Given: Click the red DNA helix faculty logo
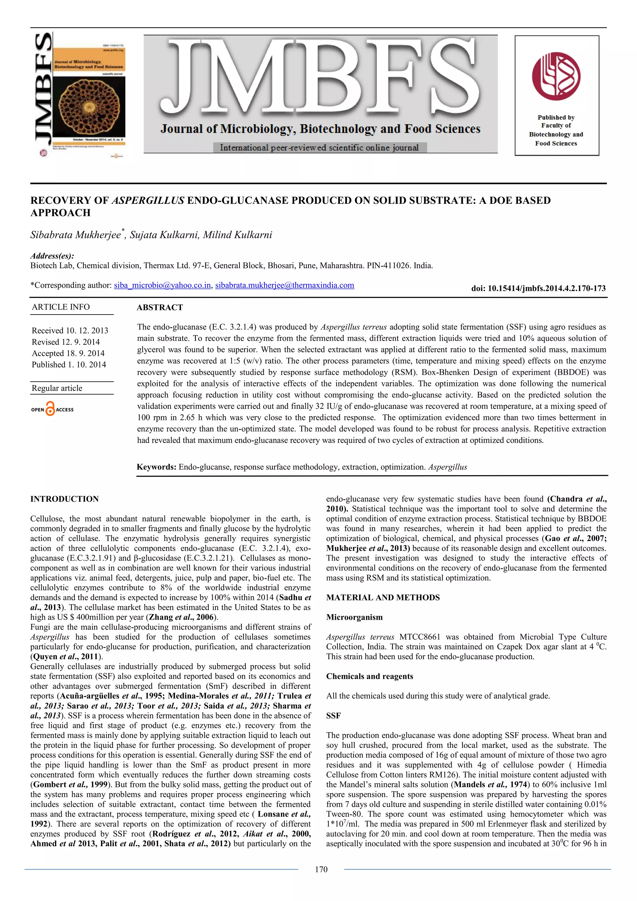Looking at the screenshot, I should (x=556, y=76).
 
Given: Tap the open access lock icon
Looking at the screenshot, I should (x=50, y=409).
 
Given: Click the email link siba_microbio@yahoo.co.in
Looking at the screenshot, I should (x=162, y=285).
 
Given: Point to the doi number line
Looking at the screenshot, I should (x=538, y=288).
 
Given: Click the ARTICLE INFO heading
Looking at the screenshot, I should (x=61, y=307).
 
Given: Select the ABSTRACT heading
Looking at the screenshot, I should (x=160, y=307).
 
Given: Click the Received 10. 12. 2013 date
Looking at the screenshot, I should (x=70, y=330).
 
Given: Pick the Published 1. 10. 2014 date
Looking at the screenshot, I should (x=69, y=365).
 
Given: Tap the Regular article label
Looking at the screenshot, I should (x=57, y=388).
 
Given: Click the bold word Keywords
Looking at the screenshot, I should (x=156, y=467).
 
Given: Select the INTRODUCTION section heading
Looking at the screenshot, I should (x=64, y=499).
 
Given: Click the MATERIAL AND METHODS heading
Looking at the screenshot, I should (x=383, y=597).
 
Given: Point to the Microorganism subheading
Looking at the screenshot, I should (x=354, y=617).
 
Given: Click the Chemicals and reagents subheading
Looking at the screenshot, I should (x=370, y=676).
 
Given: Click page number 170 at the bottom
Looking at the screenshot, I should (x=321, y=870).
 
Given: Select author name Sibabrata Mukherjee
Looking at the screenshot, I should (x=76, y=235).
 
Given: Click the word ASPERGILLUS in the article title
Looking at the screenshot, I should (x=148, y=201).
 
